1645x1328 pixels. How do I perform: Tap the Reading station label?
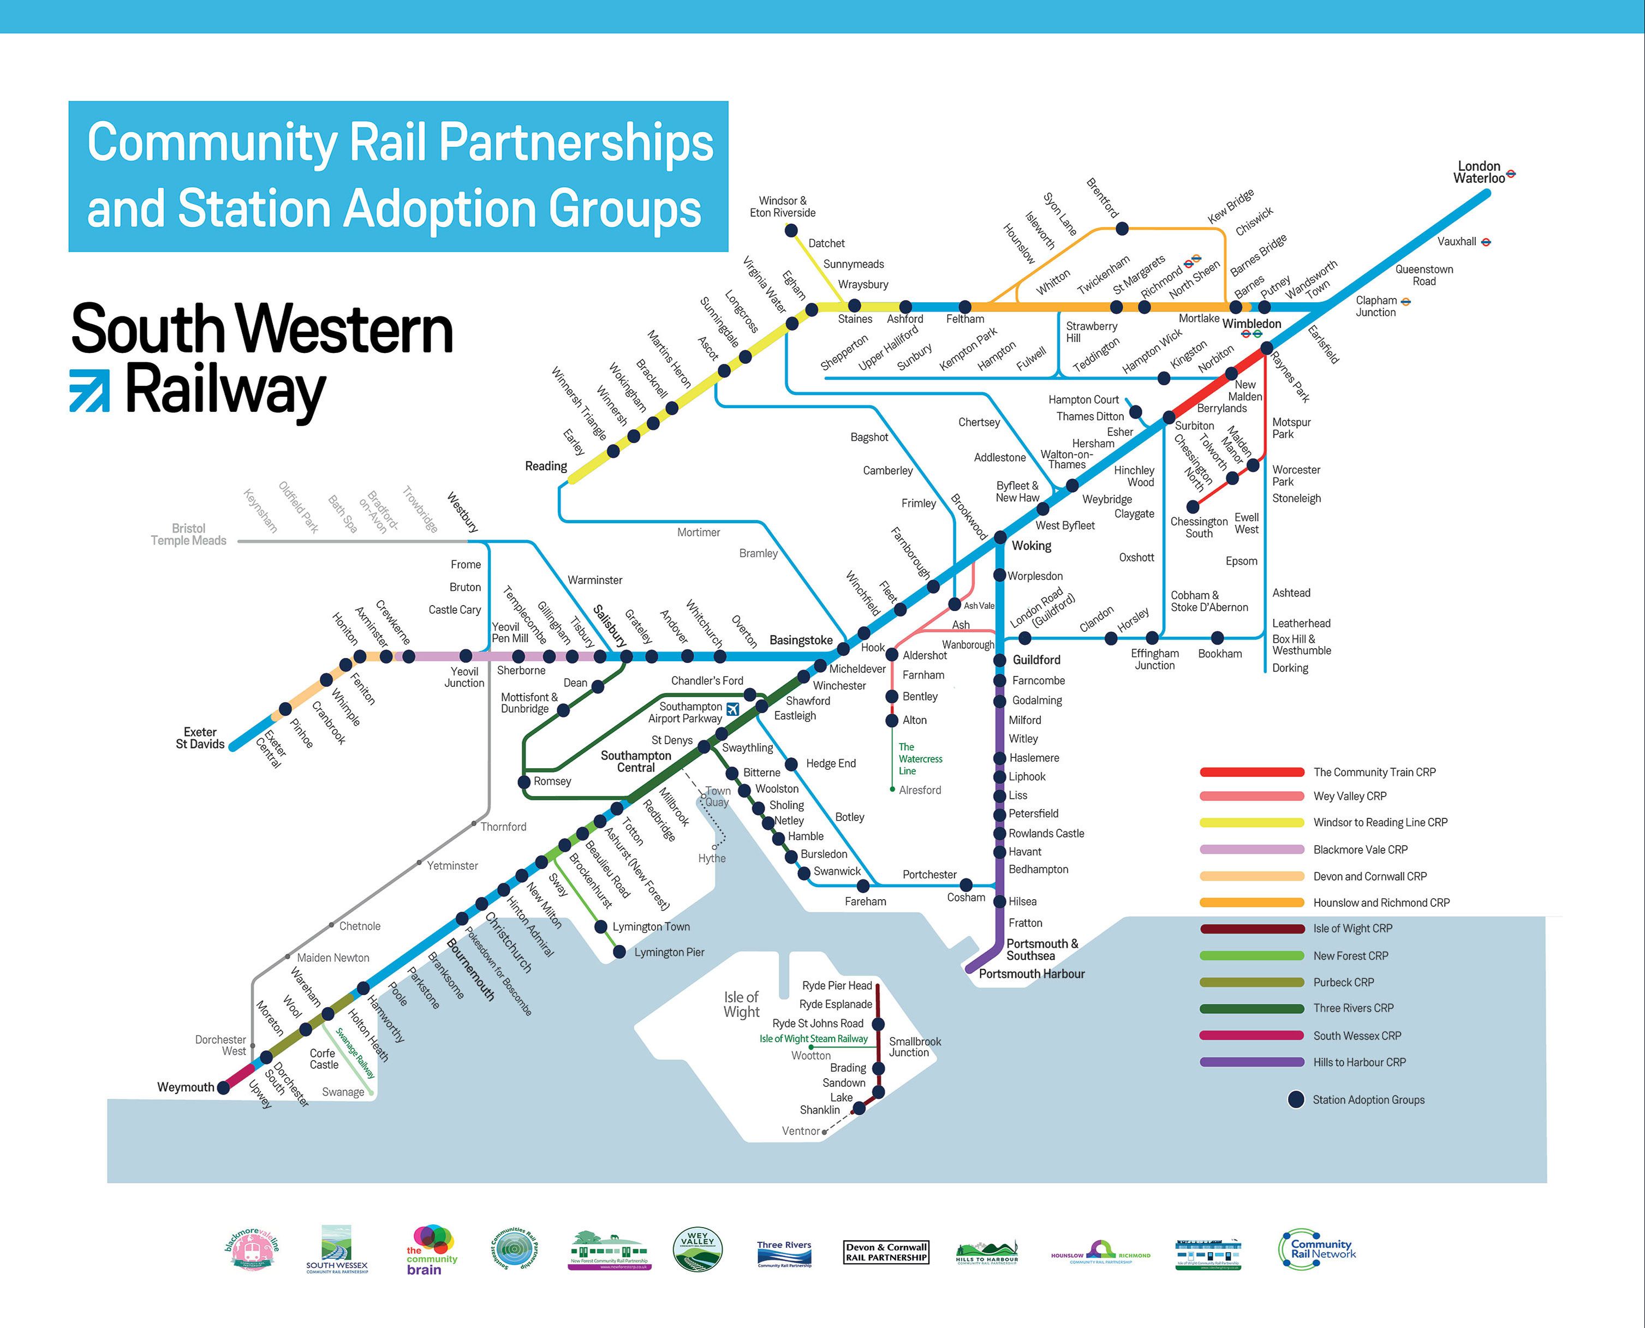(x=546, y=466)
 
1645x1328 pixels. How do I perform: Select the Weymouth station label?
(x=185, y=1087)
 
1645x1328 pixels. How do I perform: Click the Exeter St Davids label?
(x=200, y=738)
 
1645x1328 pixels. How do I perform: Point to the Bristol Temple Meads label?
(x=188, y=534)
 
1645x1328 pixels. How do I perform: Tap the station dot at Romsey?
(x=524, y=782)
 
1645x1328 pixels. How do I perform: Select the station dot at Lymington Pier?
(x=619, y=953)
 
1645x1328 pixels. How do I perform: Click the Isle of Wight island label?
(x=741, y=1004)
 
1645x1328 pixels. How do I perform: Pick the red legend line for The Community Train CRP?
(x=1251, y=772)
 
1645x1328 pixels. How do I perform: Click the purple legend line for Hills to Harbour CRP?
(x=1251, y=1062)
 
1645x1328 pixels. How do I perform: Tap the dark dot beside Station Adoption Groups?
(x=1295, y=1099)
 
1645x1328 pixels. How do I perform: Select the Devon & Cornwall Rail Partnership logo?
(x=886, y=1252)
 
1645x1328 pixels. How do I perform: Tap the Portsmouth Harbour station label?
(x=1032, y=974)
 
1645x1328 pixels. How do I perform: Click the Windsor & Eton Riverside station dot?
(x=791, y=230)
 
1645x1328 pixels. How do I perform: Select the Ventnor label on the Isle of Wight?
(x=800, y=1130)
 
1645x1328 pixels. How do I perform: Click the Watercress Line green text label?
(x=920, y=759)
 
